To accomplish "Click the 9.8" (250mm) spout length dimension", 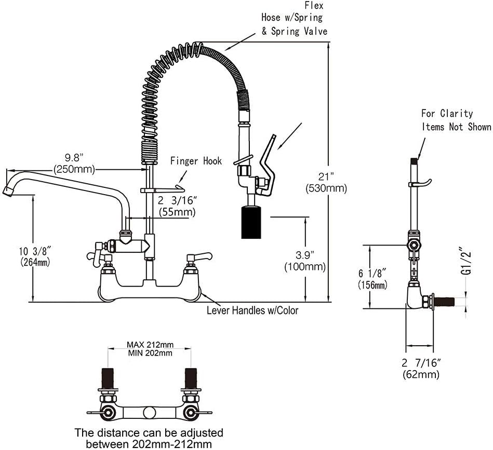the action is coord(74,163).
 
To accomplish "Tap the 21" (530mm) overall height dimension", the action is coord(326,182).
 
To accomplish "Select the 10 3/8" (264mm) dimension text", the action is coord(35,256).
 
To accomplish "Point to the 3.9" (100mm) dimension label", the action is coord(304,261).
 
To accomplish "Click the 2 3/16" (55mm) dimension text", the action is coord(177,206).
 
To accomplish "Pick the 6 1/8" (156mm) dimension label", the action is coord(372,279).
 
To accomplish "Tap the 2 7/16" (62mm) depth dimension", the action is coord(421,369).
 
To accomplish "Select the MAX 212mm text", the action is coord(150,345).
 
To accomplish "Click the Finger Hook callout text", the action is coord(196,161).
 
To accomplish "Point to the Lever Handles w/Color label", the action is coord(252,310).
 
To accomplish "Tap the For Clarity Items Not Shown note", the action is coord(456,120).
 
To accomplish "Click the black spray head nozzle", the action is coord(251,222).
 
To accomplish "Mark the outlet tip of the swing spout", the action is coord(8,192).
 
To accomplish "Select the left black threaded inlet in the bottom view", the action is coord(108,378).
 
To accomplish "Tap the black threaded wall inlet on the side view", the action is coord(444,301).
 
